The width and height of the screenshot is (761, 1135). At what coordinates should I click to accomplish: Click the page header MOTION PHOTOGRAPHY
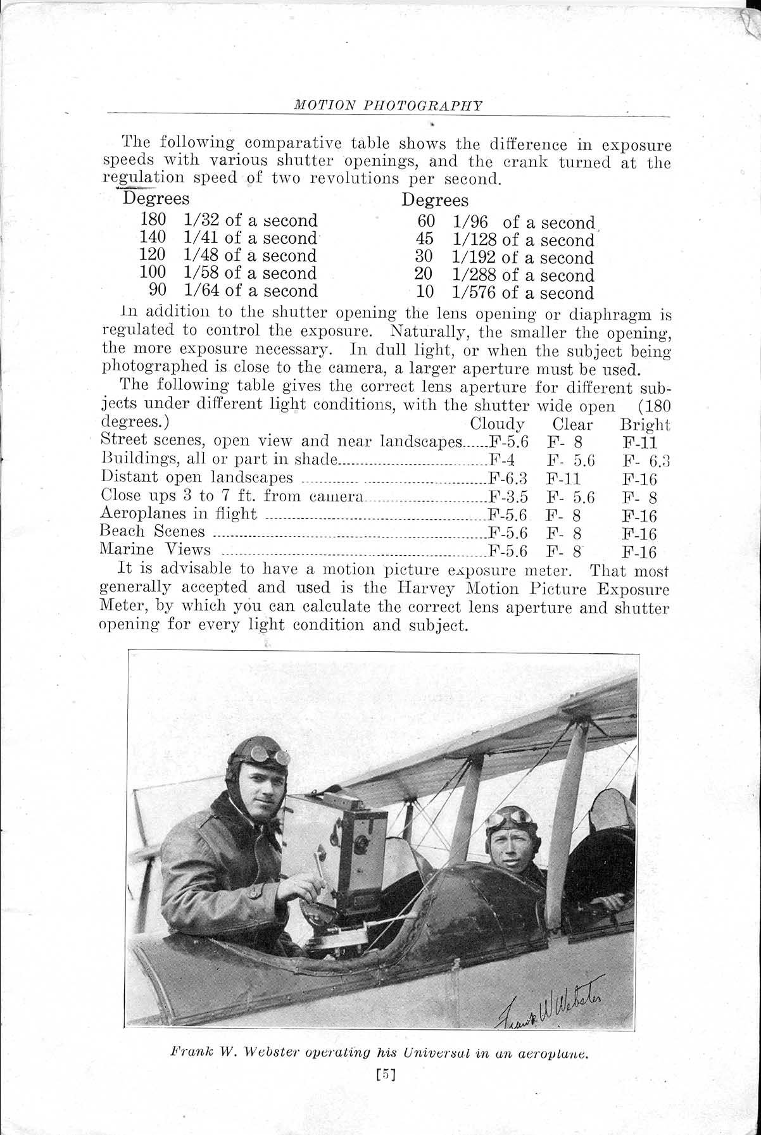[x=388, y=106]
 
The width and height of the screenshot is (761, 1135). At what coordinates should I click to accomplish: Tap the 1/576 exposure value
[x=475, y=293]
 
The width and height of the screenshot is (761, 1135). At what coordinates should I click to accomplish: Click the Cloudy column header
[x=497, y=424]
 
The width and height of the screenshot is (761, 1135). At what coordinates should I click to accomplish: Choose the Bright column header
[x=645, y=425]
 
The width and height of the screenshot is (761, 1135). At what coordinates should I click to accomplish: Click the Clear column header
[x=572, y=425]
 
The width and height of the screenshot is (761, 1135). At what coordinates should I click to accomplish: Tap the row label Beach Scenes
[x=153, y=532]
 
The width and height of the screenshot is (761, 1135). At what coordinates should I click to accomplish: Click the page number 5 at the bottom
[x=385, y=1074]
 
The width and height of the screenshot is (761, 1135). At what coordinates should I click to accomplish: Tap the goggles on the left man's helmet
[x=269, y=755]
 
